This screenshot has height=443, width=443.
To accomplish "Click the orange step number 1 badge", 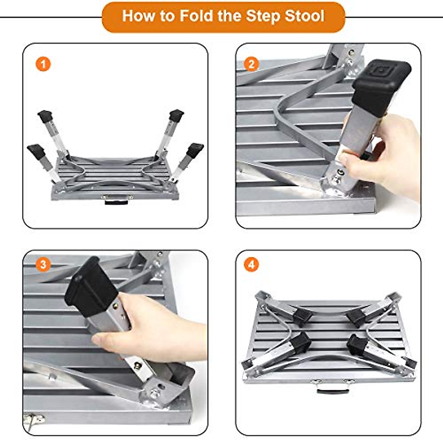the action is click(x=43, y=64).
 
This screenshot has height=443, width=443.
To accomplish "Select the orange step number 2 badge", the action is click(x=251, y=64).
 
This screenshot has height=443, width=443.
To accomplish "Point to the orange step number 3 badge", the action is click(x=43, y=265).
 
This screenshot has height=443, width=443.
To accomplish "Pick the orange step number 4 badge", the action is click(x=251, y=265).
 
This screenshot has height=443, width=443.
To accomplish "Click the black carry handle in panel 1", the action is click(x=116, y=202).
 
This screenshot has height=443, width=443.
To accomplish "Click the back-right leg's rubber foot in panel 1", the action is click(x=176, y=115).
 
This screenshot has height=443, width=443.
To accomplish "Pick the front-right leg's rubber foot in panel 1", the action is click(x=195, y=150).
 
